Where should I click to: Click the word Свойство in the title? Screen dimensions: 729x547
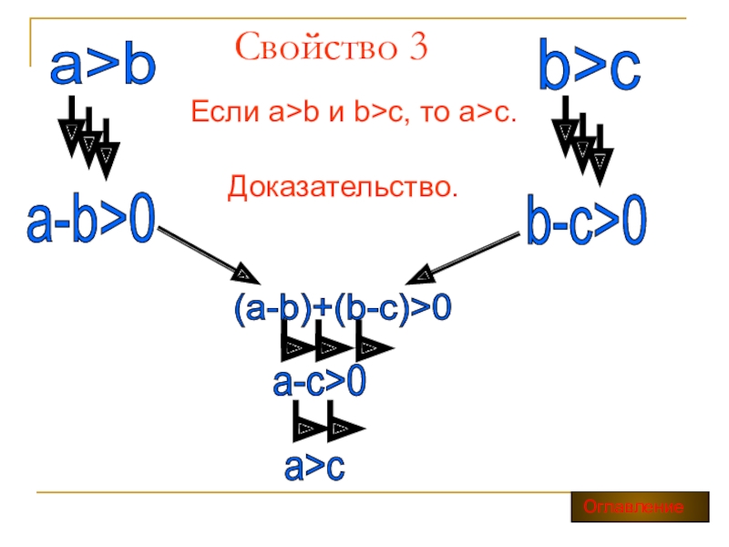click(x=306, y=46)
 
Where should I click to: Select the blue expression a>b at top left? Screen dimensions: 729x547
click(x=102, y=67)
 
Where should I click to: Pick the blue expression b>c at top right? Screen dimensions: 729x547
click(x=589, y=67)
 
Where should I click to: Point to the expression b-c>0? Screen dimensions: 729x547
click(x=587, y=221)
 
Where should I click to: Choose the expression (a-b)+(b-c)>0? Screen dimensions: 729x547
click(x=342, y=309)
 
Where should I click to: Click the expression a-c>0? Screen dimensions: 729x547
click(x=320, y=380)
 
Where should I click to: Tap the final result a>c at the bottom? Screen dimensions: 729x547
click(x=314, y=466)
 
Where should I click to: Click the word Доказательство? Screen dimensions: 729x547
click(x=342, y=188)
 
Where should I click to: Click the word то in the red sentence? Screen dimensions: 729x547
click(x=436, y=114)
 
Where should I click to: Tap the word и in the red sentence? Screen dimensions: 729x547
click(x=337, y=114)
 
